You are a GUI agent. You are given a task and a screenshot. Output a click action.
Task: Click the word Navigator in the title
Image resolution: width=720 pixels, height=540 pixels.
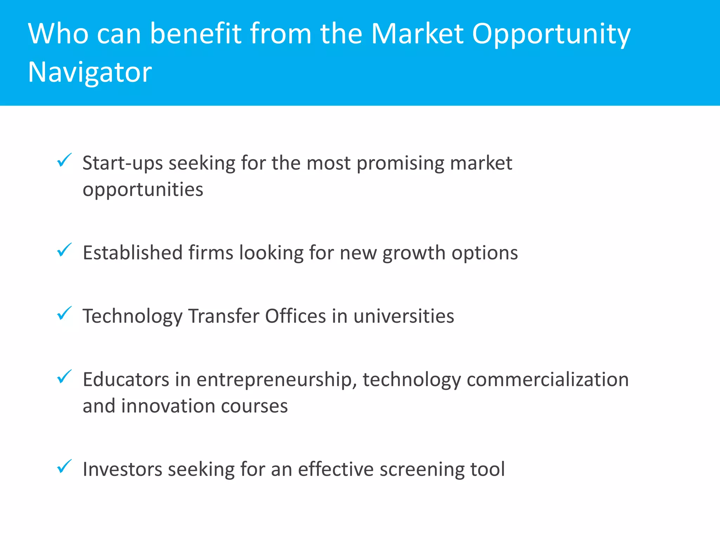[x=90, y=72]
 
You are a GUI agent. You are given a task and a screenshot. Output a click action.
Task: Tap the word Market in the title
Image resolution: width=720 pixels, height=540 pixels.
[x=417, y=34]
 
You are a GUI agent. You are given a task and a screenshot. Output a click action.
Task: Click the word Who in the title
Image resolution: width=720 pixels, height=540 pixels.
[x=58, y=34]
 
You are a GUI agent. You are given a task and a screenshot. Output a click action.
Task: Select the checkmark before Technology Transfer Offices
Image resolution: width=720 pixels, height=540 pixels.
[x=64, y=313]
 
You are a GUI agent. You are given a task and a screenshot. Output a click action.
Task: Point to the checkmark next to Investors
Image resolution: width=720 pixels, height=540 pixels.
[x=64, y=467]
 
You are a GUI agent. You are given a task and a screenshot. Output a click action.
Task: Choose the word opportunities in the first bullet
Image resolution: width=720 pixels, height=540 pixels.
[x=143, y=190]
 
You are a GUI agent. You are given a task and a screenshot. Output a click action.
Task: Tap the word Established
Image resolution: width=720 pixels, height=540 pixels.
[x=133, y=253]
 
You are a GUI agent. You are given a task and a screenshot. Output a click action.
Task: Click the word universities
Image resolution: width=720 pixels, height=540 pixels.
[x=404, y=316]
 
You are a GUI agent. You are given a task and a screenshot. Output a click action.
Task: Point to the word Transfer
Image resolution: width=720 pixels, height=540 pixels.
[x=224, y=316]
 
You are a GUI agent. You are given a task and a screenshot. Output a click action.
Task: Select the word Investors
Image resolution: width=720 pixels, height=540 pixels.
[x=122, y=469]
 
